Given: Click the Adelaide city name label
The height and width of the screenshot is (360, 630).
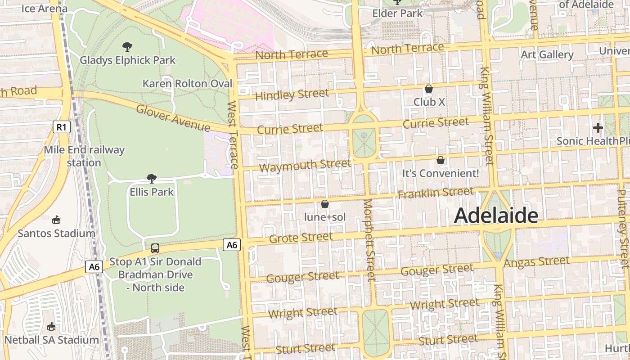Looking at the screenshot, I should point(496,216).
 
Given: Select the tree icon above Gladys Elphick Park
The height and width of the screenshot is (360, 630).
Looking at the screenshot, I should point(127,46).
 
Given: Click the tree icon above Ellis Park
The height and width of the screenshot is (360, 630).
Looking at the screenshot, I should point(152,179).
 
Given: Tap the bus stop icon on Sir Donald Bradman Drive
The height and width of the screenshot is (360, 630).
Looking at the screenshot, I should point(155,248).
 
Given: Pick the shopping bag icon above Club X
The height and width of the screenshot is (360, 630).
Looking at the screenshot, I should point(429,89).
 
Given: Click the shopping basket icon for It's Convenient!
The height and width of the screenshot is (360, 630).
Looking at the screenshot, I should point(441,160).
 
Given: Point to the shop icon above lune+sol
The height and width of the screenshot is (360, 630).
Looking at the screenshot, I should point(325,204).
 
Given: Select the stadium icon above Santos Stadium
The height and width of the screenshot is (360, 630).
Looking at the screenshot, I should point(56,220).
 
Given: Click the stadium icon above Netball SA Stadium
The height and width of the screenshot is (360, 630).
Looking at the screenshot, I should point(51,326).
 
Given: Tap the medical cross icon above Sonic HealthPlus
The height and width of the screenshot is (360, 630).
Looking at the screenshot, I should point(598,128).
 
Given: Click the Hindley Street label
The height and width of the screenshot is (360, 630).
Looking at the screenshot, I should point(292,95).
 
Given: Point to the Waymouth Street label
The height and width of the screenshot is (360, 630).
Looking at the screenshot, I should point(305,166).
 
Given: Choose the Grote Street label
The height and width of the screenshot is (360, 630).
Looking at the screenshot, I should point(301,237).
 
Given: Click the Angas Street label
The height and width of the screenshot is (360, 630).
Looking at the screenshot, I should point(536,261).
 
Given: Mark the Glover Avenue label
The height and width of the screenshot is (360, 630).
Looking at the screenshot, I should point(172,118).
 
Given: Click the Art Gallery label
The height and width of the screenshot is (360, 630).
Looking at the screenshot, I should point(547,55).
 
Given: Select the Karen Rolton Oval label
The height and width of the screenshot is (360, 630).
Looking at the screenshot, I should point(187,84).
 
